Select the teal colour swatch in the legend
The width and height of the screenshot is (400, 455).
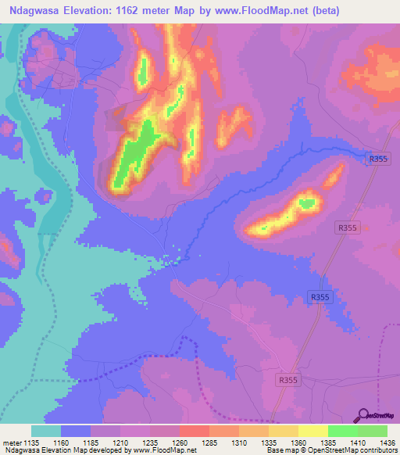pyautogui.click(x=46, y=432)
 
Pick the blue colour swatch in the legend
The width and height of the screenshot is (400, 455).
pyautogui.click(x=76, y=432)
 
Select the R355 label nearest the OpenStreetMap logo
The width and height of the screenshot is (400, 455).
pyautogui.click(x=288, y=379)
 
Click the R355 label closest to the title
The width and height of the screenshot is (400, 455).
pyautogui.click(x=377, y=159)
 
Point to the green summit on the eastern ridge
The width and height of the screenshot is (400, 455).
pyautogui.click(x=307, y=203)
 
